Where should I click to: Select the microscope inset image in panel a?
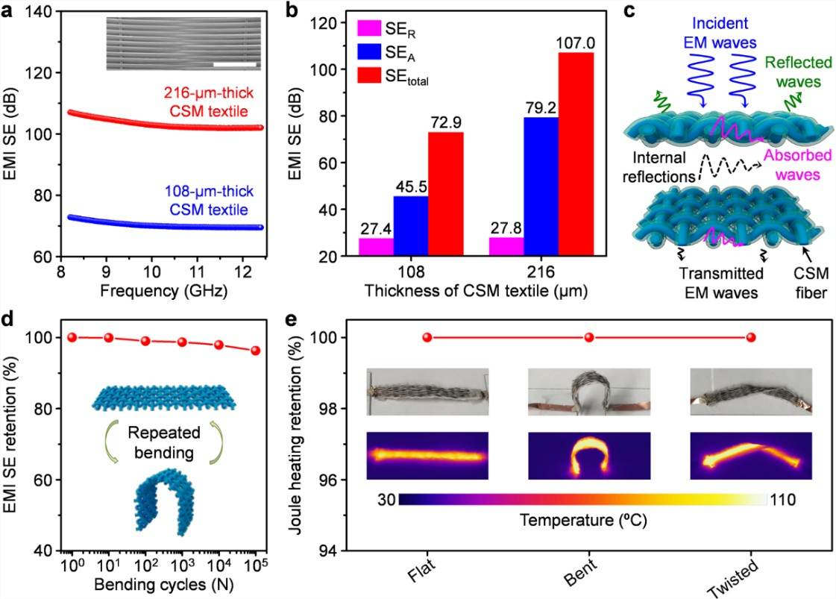[183, 44]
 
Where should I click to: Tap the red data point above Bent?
[589, 338]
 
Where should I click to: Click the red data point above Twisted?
[751, 338]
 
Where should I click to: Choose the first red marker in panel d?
[72, 337]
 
